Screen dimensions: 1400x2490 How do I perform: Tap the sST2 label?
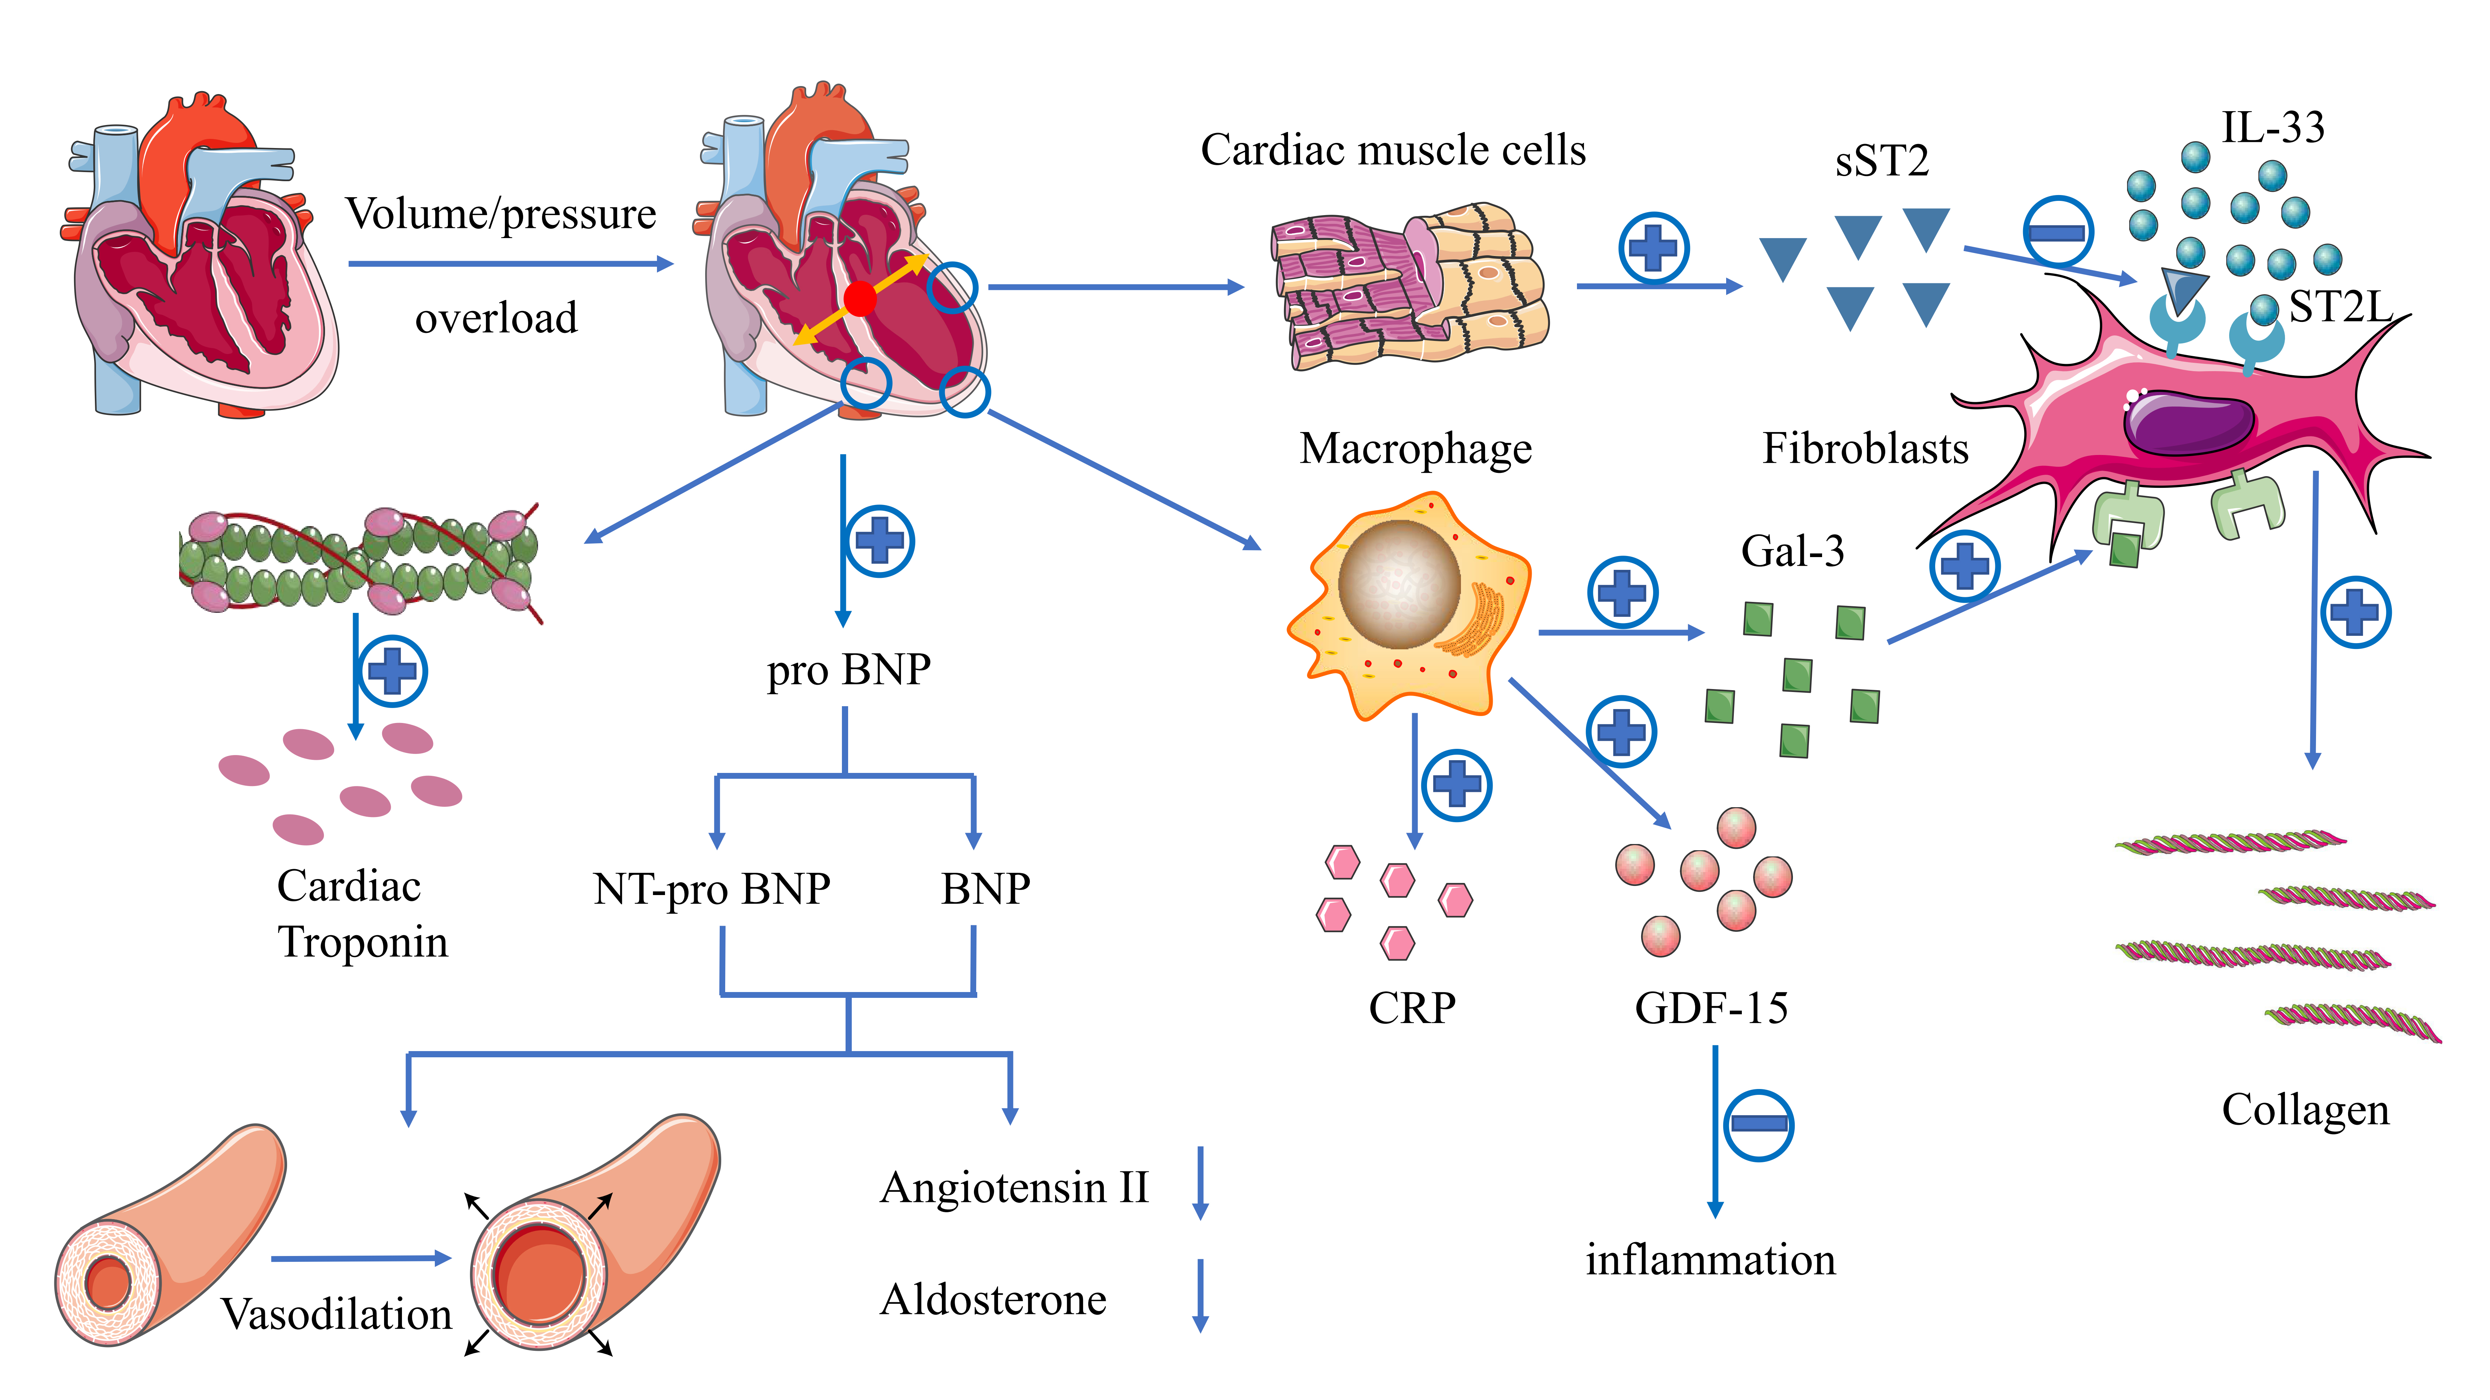tap(1881, 160)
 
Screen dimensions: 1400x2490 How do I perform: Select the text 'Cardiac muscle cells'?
tap(1393, 151)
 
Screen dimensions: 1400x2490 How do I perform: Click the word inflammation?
tap(1710, 1260)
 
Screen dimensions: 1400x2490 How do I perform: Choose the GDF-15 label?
tap(1711, 1008)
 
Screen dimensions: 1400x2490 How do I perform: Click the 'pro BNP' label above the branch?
tap(849, 670)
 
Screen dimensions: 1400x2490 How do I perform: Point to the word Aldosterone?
tap(993, 1299)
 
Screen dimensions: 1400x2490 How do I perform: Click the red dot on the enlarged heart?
tap(859, 299)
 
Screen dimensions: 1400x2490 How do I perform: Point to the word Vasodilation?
tap(336, 1314)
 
